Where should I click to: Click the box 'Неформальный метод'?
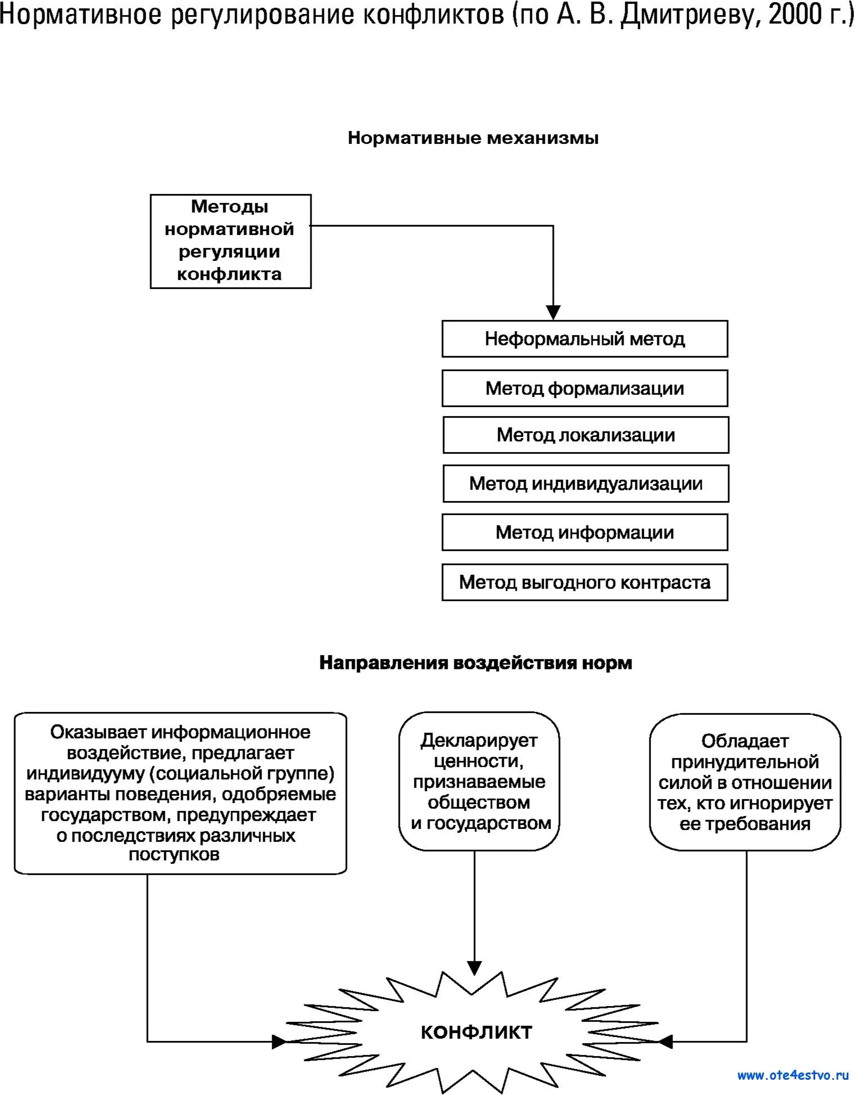pos(585,339)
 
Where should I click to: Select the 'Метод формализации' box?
pos(585,389)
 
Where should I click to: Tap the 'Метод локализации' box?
pos(585,435)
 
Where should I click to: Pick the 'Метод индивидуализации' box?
pos(585,484)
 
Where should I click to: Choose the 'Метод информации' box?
pos(585,533)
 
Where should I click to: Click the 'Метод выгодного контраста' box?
pos(585,582)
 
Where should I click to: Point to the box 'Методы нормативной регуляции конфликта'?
pos(231,241)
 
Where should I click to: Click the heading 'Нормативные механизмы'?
pos(473,138)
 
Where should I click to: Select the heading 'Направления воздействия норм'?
pos(476,663)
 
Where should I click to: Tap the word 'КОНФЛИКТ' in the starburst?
pos(476,1032)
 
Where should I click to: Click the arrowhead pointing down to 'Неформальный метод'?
pos(553,312)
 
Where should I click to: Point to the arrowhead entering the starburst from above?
pos(475,968)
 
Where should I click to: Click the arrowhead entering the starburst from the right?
pos(665,1042)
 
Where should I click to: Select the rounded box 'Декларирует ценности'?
pos(480,781)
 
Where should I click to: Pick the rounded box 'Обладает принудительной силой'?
pos(745,782)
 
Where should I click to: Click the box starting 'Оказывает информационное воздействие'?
pos(180,793)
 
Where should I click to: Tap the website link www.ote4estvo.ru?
pos(793,1075)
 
